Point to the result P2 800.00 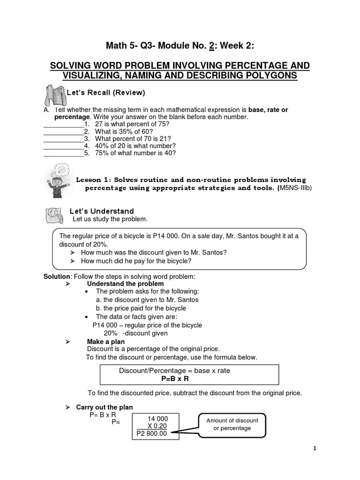point(151,434)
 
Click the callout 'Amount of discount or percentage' point(232,424)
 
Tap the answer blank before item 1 point(63,124)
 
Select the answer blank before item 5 point(63,153)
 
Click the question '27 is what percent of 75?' point(132,124)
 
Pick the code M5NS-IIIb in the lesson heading point(295,188)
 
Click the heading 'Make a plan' point(106,342)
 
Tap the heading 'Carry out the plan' point(105,407)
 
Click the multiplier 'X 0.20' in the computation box point(157,426)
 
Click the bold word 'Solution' point(57,276)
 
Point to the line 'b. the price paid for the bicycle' point(141,308)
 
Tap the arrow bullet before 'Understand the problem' point(67,284)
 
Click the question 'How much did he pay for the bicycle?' point(136,261)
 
